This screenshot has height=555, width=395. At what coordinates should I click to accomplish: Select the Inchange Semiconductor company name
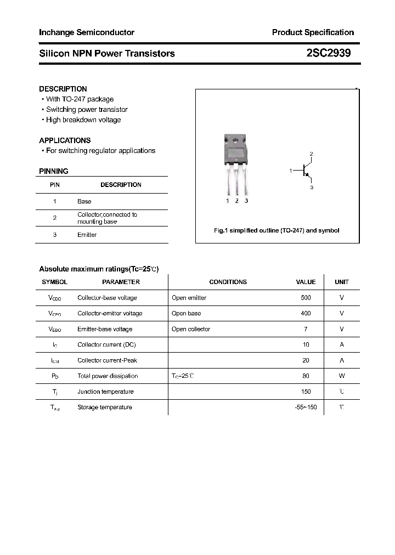[x=87, y=32]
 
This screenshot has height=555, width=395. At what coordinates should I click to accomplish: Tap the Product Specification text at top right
[x=313, y=32]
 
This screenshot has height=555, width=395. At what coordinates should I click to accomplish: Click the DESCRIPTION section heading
[x=63, y=89]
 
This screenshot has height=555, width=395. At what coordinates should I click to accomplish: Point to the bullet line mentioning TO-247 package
[x=80, y=99]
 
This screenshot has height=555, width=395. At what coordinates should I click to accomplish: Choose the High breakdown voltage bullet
[x=83, y=120]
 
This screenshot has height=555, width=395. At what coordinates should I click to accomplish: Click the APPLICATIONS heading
[x=65, y=140]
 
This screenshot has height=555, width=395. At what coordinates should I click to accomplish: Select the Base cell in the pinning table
[x=84, y=202]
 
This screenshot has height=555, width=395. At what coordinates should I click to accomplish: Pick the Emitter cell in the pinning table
[x=87, y=235]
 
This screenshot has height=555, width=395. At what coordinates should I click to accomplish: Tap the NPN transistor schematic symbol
[x=306, y=171]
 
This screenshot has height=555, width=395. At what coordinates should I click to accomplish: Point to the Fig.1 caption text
[x=276, y=230]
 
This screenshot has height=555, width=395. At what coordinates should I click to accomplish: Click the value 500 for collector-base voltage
[x=306, y=298]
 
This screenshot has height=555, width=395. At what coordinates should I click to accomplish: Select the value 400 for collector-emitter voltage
[x=306, y=314]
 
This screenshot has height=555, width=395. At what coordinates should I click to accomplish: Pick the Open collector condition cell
[x=191, y=329]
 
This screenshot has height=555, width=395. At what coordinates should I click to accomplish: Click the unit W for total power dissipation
[x=342, y=376]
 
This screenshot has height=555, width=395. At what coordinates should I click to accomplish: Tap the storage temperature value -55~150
[x=306, y=407]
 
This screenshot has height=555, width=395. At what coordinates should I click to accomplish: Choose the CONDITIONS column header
[x=228, y=282]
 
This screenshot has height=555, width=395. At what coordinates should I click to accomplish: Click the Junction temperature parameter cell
[x=105, y=392]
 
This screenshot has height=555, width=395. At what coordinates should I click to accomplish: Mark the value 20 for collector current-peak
[x=306, y=360]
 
